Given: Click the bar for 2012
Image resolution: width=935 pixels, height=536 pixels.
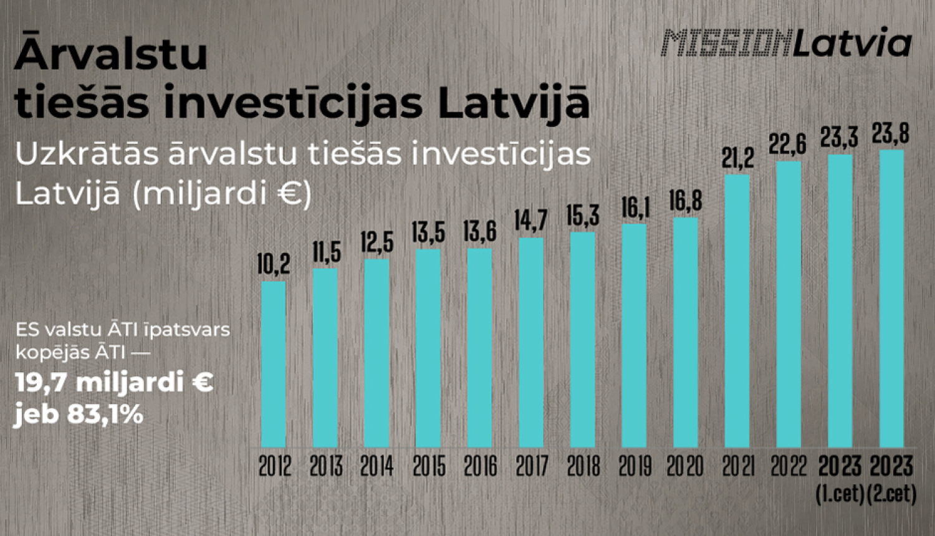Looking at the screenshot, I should [x=274, y=364].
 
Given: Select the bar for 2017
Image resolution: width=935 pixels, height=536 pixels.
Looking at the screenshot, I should [x=531, y=342].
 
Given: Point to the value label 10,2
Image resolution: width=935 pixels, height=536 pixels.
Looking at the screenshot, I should [x=274, y=264].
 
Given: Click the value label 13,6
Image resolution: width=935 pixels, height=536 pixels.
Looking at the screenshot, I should [x=479, y=232].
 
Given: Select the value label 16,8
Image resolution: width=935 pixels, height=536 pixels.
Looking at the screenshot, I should [x=686, y=201].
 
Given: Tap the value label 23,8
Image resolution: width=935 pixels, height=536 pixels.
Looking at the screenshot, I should [x=891, y=133].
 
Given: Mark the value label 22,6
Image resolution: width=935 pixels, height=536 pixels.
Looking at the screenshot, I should [x=787, y=145].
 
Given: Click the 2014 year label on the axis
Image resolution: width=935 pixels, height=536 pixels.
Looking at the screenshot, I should [x=376, y=467].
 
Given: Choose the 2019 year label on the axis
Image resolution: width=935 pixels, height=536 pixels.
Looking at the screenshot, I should [x=635, y=467].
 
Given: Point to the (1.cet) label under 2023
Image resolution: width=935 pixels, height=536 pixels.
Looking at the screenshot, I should [x=840, y=495].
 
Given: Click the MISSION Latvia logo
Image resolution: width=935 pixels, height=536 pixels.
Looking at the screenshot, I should [x=787, y=44].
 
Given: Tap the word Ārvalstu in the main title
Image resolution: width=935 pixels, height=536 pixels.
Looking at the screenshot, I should [x=111, y=53].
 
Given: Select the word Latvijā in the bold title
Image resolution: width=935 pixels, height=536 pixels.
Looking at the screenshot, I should [x=513, y=103].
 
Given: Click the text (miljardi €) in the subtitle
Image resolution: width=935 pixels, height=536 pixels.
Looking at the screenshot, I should [x=221, y=194].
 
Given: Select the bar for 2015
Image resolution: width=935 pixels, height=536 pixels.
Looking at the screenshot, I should [x=428, y=348].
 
